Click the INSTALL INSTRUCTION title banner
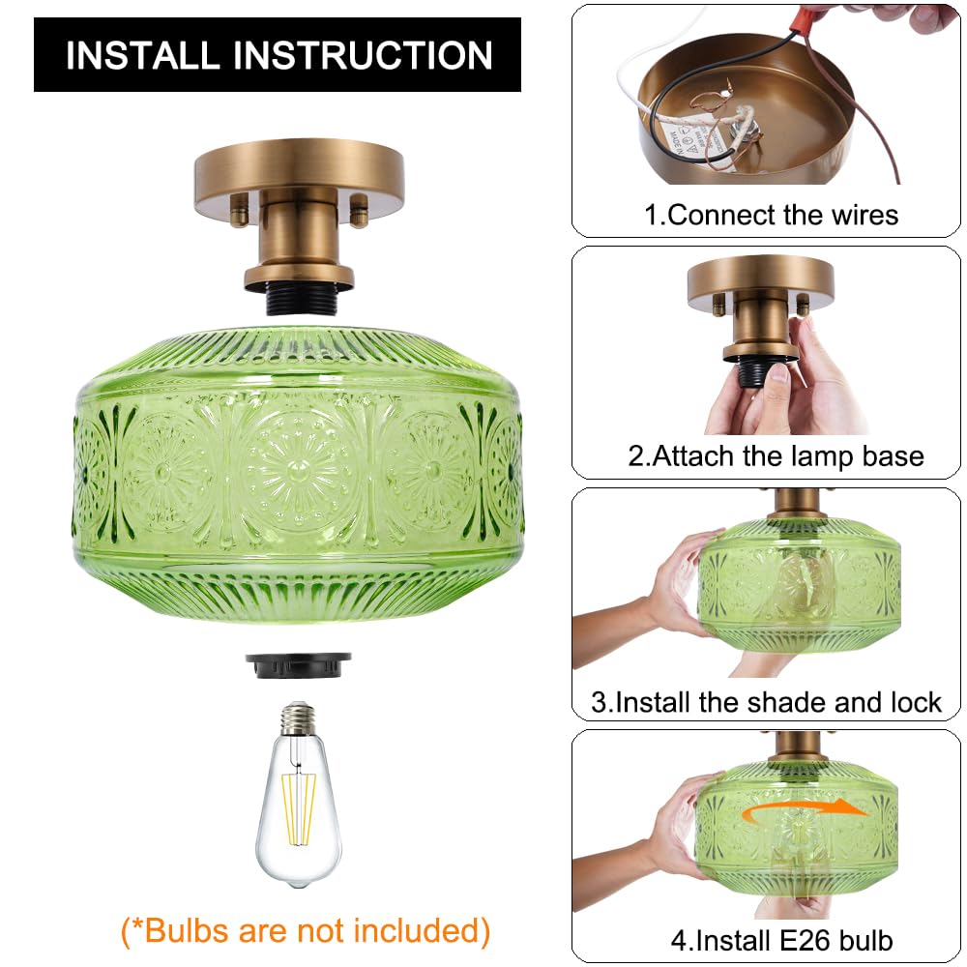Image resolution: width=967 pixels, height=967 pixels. coord(278,55)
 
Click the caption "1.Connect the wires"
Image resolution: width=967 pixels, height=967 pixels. coord(771,215)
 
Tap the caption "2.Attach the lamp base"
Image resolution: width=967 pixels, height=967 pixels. coord(776,455)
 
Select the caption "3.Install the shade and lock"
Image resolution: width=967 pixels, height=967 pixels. coord(766,702)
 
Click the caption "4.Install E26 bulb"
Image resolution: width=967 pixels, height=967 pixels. coord(781,939)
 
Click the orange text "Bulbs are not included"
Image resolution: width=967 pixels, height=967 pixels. coord(306,930)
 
